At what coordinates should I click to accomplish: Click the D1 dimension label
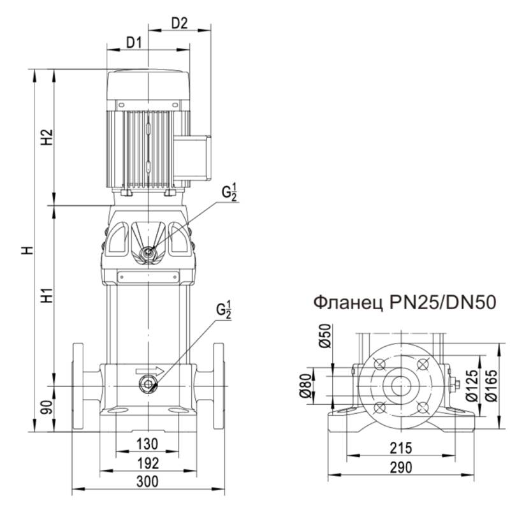[x=133, y=43]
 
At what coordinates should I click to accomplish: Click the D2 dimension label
[x=180, y=24]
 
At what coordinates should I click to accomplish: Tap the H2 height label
[x=45, y=138]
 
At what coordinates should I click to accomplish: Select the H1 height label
[x=45, y=296]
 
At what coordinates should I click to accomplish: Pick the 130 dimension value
[x=148, y=443]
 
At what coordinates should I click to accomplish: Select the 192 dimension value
[x=148, y=462]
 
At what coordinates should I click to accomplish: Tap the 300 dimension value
[x=148, y=481]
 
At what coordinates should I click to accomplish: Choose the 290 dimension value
[x=402, y=467]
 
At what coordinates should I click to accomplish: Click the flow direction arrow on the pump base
[x=149, y=370]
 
